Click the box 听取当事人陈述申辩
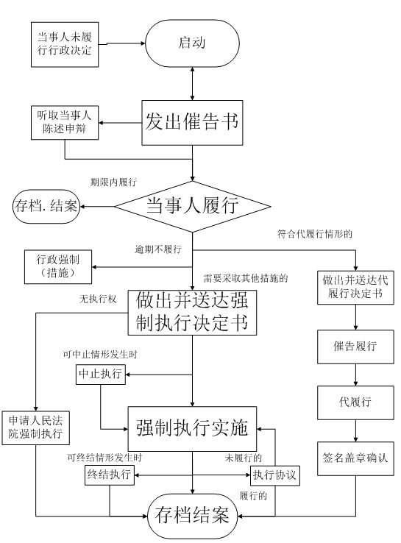(x=65, y=122)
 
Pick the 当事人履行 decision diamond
(x=192, y=205)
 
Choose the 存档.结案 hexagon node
(x=46, y=205)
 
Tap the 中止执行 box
(x=101, y=375)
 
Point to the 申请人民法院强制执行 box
(x=35, y=428)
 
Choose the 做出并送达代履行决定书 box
(x=356, y=288)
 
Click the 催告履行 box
(x=356, y=347)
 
